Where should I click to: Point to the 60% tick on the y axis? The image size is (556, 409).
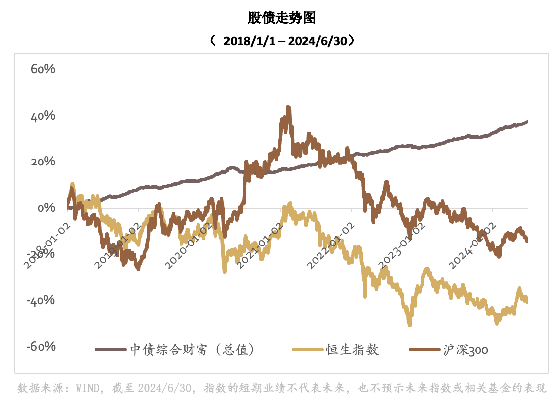[42, 69]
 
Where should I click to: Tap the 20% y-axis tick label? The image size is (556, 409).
[42, 162]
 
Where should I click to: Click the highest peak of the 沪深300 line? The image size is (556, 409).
[288, 107]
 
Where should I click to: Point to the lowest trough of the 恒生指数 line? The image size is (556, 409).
[410, 325]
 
